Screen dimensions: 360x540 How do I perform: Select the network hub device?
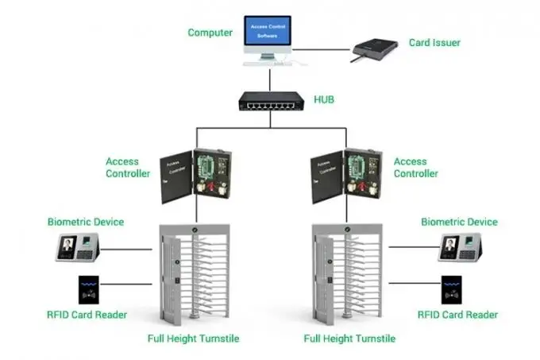[x=270, y=101]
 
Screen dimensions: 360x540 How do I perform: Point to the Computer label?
[x=210, y=33]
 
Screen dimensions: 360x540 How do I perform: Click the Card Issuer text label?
[x=434, y=42]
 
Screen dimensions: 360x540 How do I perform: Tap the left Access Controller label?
[x=128, y=168]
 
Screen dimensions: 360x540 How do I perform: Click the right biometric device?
[x=460, y=249]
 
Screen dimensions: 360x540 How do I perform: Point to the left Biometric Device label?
[x=86, y=222]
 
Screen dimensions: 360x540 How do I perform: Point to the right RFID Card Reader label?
[x=458, y=315]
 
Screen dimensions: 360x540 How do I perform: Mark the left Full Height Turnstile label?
[x=193, y=339]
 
